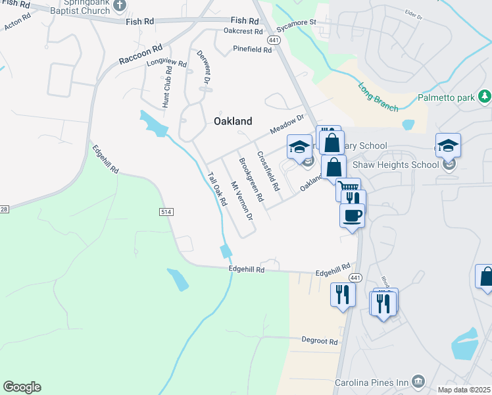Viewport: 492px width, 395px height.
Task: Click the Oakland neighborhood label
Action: coord(233,121)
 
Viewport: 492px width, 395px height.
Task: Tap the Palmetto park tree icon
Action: coord(485,97)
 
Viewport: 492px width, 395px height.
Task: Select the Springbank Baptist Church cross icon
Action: coord(120,6)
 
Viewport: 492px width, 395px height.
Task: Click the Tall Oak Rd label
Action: coord(216,190)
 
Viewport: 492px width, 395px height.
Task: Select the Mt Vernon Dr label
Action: coord(241,200)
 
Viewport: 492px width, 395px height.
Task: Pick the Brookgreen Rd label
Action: coord(251,179)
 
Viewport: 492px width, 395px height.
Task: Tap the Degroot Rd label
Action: coord(320,342)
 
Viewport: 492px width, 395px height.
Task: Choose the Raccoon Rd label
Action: coord(140,55)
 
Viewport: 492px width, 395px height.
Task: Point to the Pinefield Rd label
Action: coord(252,49)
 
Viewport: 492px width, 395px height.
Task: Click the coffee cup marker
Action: coord(352,215)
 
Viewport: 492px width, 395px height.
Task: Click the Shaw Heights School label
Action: coord(395,165)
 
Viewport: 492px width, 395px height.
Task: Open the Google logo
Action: coord(22,387)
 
